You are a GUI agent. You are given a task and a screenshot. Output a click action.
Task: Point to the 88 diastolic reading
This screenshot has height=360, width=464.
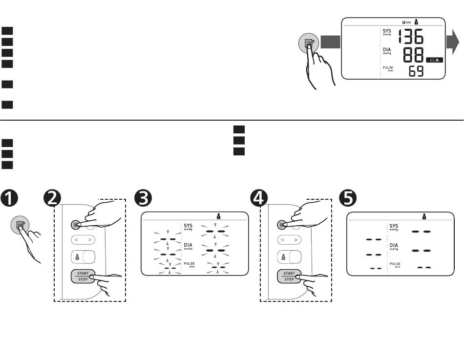tap(413, 55)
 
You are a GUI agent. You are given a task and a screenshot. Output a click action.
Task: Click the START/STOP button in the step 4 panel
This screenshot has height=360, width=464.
tap(289, 276)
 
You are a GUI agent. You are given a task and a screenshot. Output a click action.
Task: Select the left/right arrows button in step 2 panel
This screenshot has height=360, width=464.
tap(83, 240)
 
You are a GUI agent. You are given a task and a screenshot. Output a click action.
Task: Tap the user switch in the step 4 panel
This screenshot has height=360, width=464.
tap(289, 257)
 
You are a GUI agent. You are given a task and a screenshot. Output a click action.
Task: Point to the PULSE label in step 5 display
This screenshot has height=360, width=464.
tap(395, 264)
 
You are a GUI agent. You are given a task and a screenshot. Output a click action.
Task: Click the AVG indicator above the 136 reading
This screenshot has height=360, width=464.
tap(405, 22)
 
